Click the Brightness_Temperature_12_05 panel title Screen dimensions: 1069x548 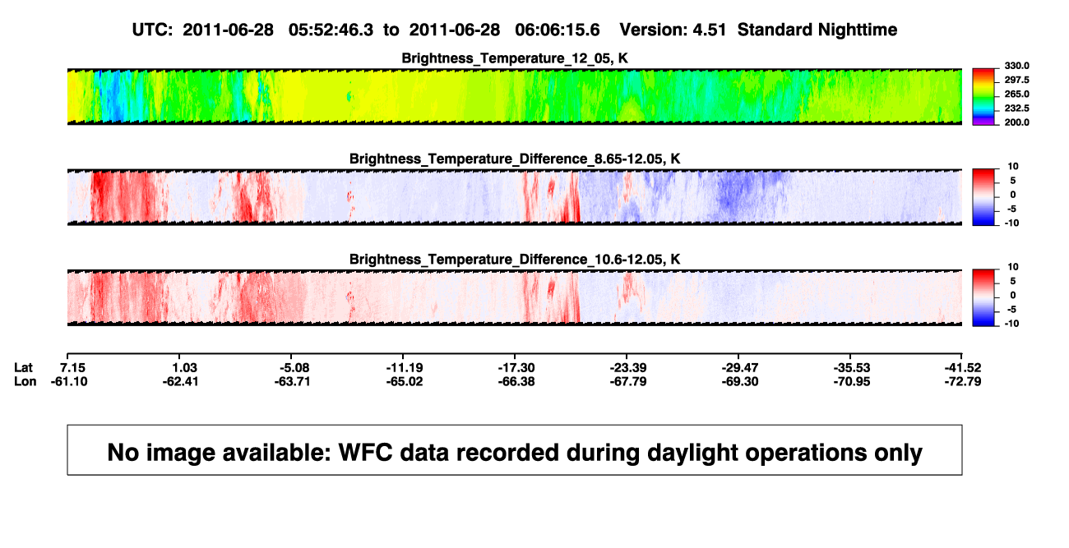(515, 58)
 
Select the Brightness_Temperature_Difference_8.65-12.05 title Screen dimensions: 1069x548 (515, 159)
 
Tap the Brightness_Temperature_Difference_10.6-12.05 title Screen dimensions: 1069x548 (515, 260)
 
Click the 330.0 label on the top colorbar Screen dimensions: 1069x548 (1016, 66)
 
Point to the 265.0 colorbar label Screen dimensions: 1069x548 (1016, 94)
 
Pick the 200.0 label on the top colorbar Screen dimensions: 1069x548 (1016, 122)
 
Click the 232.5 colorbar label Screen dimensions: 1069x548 (1016, 108)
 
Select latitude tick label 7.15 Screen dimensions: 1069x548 (72, 368)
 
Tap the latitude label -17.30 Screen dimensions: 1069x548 (516, 368)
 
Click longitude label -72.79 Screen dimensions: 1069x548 (963, 381)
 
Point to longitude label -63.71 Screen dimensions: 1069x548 (292, 381)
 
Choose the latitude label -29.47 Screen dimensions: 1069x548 (740, 368)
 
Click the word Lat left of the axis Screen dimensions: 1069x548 (23, 368)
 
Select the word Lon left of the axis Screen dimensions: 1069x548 (25, 381)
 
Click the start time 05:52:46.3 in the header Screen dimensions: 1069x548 (331, 30)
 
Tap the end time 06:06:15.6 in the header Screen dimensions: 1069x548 (558, 30)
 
